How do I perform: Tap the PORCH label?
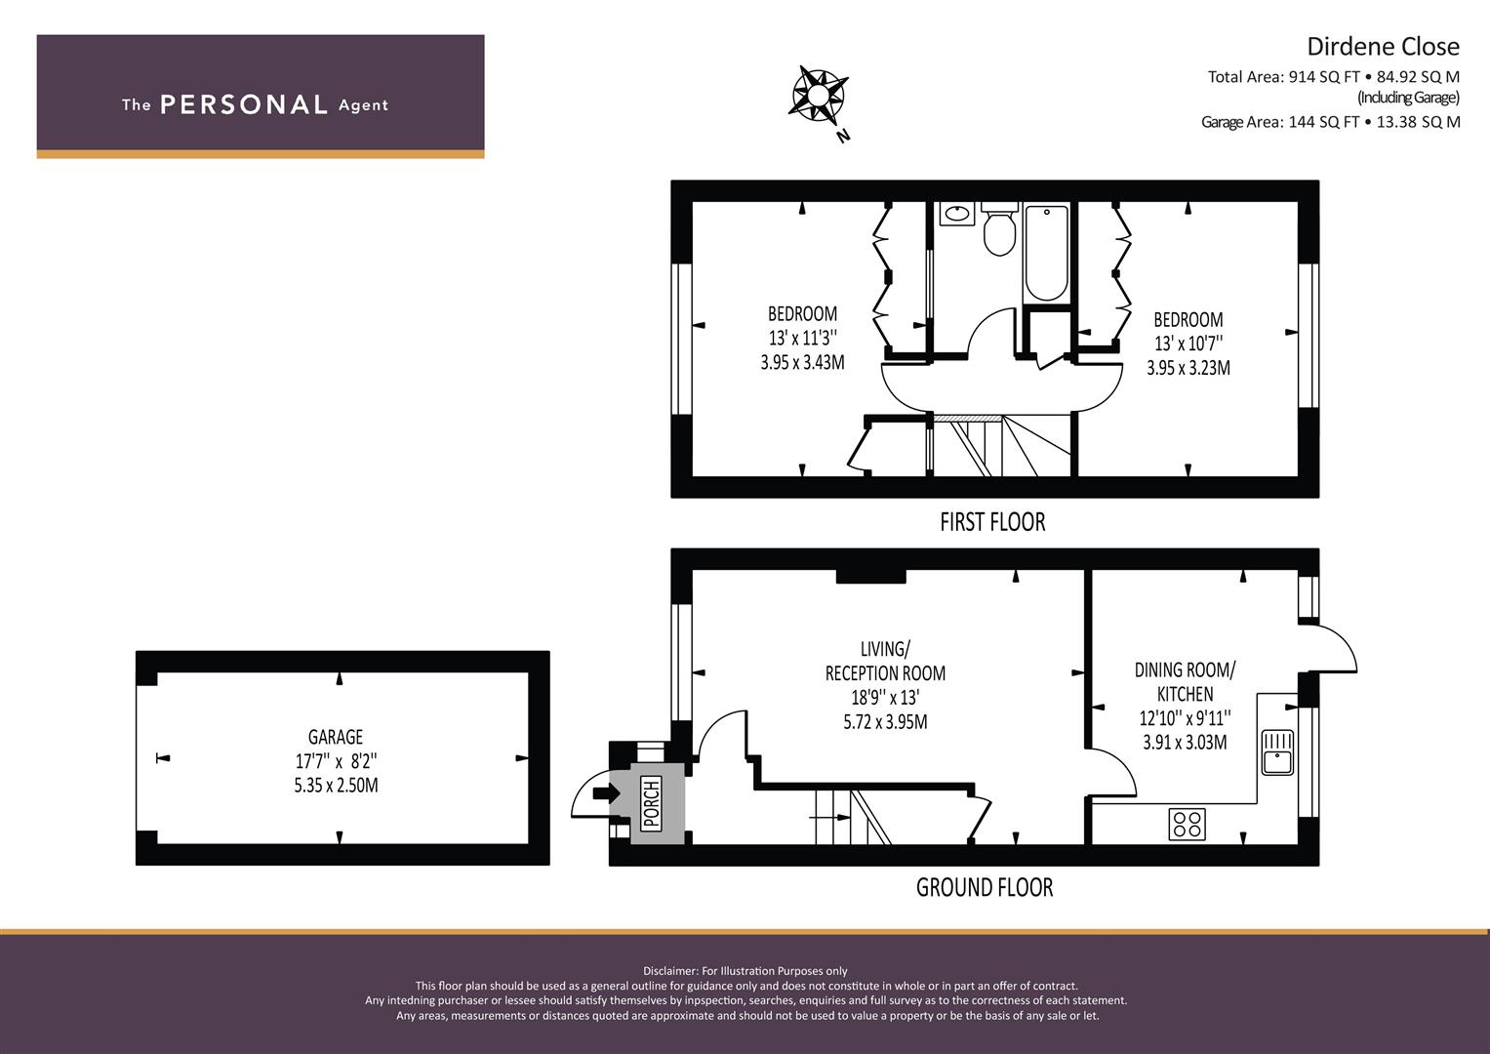[652, 803]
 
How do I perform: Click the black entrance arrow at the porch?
[605, 793]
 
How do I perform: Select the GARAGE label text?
[336, 737]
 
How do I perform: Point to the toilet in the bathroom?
[999, 229]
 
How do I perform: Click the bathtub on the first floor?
[1046, 253]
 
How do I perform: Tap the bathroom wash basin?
[957, 214]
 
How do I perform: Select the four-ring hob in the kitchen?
[1187, 824]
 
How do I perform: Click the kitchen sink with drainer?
[1278, 751]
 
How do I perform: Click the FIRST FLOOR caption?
[992, 522]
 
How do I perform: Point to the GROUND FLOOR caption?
[985, 888]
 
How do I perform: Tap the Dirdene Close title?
[1383, 47]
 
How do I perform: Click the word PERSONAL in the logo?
[244, 104]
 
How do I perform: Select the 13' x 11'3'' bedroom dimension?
[802, 338]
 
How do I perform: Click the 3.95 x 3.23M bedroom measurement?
[1188, 368]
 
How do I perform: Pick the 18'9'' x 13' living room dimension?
[885, 698]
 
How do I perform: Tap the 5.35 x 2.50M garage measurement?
[336, 786]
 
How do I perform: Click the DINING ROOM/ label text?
[1185, 669]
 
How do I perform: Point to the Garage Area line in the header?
[1330, 122]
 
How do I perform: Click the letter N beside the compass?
[843, 137]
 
